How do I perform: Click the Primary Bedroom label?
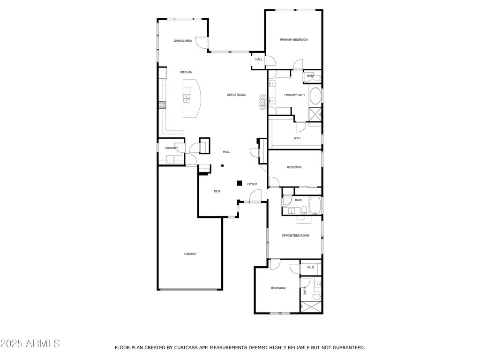click(x=294, y=40)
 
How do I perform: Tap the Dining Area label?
click(x=183, y=41)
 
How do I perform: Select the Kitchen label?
click(x=186, y=72)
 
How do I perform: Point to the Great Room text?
click(x=236, y=95)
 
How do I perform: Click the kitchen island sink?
click(x=187, y=98)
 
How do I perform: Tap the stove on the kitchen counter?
click(x=162, y=105)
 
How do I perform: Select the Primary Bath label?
click(x=294, y=95)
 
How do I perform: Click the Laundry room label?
click(x=171, y=148)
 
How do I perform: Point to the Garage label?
click(x=190, y=254)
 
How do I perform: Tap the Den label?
click(x=217, y=191)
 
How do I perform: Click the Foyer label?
click(x=252, y=184)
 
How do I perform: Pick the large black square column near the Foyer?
click(x=240, y=183)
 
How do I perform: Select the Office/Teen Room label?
click(x=295, y=236)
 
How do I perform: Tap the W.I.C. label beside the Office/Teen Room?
click(x=311, y=268)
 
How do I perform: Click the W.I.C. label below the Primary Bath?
click(x=298, y=138)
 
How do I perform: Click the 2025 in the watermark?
click(x=11, y=344)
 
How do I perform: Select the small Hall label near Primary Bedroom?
click(x=259, y=60)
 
